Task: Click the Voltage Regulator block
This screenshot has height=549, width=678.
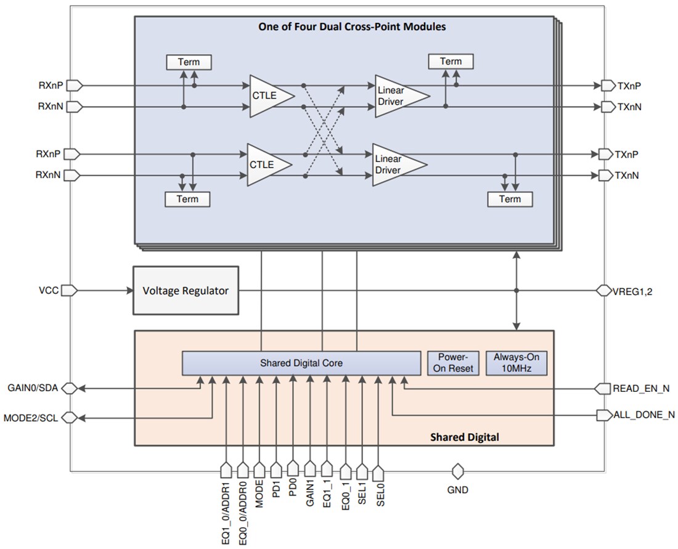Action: pos(186,290)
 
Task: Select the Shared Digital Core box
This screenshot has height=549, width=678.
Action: pos(301,363)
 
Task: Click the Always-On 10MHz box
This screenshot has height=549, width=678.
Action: pos(517,363)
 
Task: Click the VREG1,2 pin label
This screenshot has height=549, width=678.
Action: pos(632,291)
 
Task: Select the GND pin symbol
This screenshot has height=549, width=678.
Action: pos(457,472)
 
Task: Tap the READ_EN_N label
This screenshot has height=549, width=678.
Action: pos(640,389)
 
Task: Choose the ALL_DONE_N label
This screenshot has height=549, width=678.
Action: pos(644,415)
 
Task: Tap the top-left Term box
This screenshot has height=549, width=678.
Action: pos(189,62)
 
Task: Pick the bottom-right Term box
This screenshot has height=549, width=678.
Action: pos(510,199)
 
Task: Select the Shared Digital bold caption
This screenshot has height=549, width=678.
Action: pos(465,437)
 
